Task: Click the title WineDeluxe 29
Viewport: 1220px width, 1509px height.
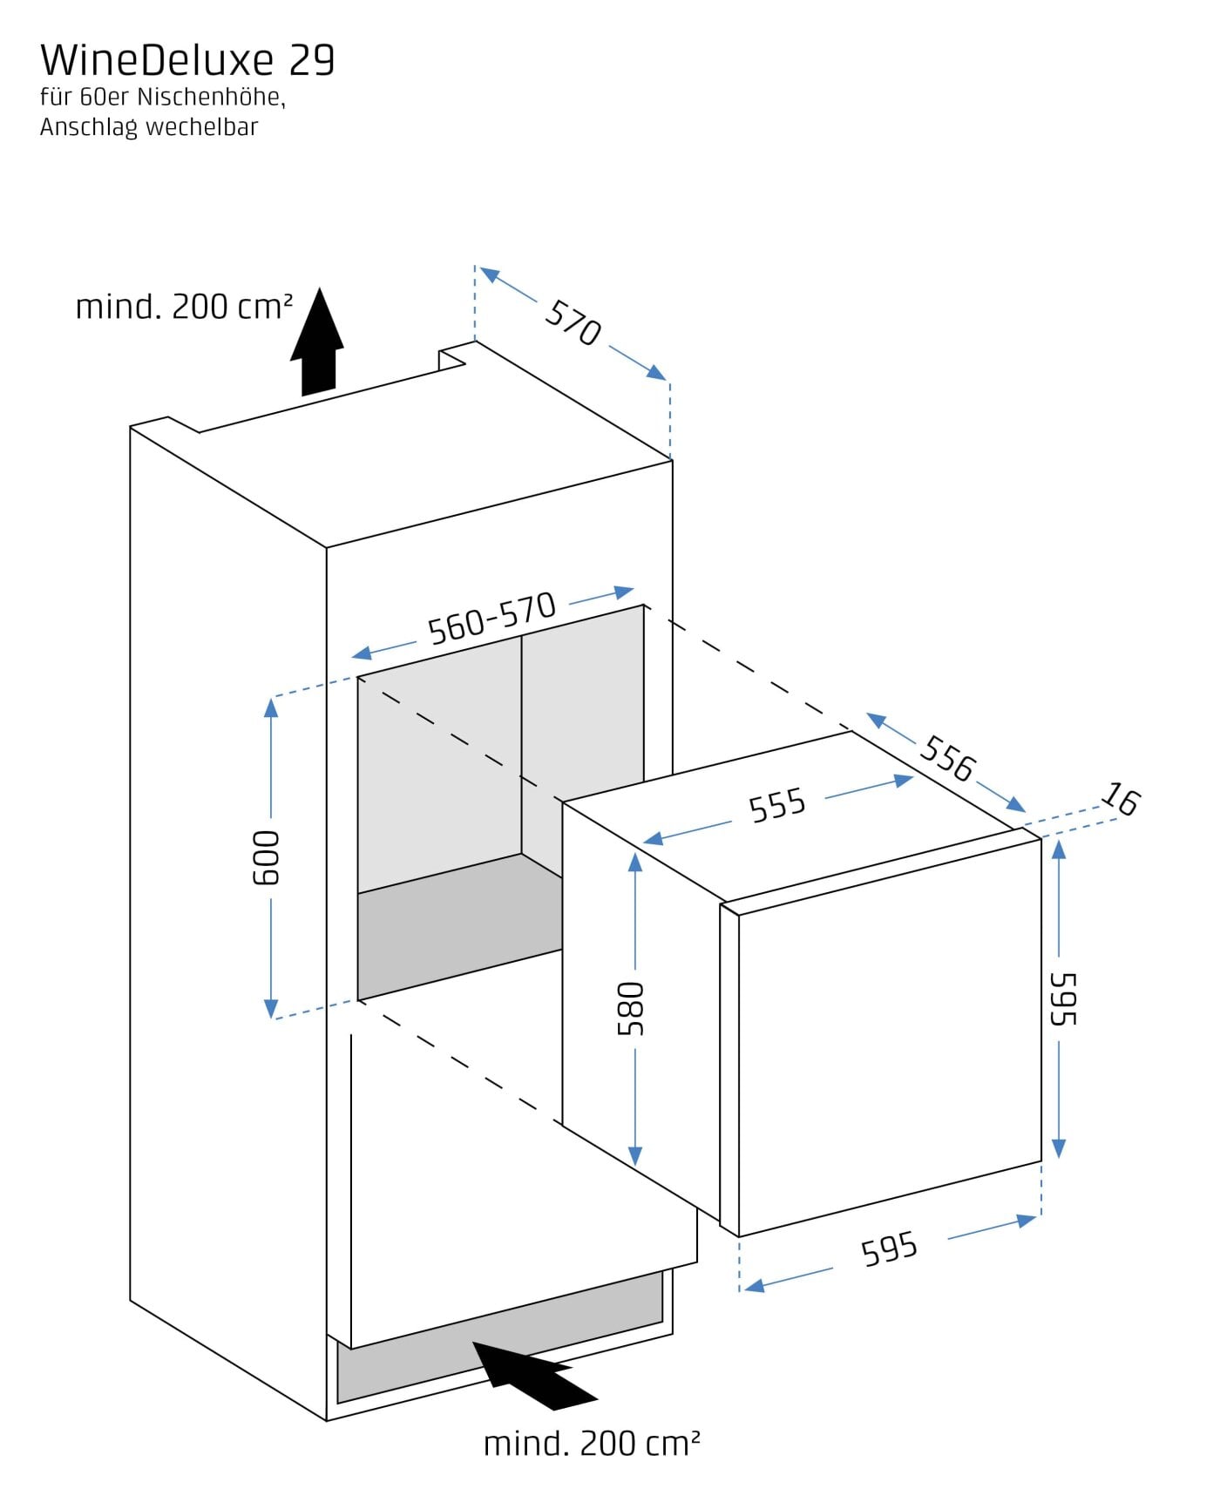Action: (x=187, y=61)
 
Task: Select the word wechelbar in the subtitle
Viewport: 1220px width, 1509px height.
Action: (x=202, y=127)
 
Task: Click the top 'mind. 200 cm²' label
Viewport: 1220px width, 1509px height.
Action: (x=184, y=308)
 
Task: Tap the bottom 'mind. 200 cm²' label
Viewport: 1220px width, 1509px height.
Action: (x=592, y=1445)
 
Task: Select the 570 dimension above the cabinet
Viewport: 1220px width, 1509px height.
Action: (x=573, y=322)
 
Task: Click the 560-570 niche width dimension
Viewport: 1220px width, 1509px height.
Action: (x=491, y=619)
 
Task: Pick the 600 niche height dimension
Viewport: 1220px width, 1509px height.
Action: (x=267, y=857)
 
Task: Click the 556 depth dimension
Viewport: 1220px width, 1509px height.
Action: (x=947, y=759)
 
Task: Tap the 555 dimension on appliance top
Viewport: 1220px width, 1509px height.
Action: (x=777, y=806)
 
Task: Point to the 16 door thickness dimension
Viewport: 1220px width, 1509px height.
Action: (x=1121, y=799)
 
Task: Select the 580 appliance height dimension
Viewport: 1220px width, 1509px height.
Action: (x=631, y=1008)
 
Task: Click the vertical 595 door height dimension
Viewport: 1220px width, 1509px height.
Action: (x=1064, y=999)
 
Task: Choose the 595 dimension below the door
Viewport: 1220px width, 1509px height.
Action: (x=889, y=1249)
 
